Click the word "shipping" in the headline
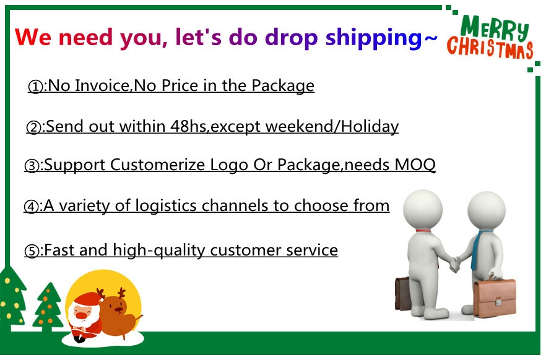pyautogui.click(x=374, y=38)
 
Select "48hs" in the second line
pyautogui.click(x=188, y=126)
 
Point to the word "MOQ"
pyautogui.click(x=415, y=165)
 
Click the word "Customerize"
pyautogui.click(x=158, y=165)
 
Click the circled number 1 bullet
pyautogui.click(x=35, y=87)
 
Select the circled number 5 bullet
pyautogui.click(x=32, y=251)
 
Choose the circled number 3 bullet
pyautogui.click(x=32, y=166)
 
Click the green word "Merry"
pyautogui.click(x=495, y=27)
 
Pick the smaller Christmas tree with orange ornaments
pyautogui.click(x=48, y=307)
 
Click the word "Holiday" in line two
pyautogui.click(x=370, y=126)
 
